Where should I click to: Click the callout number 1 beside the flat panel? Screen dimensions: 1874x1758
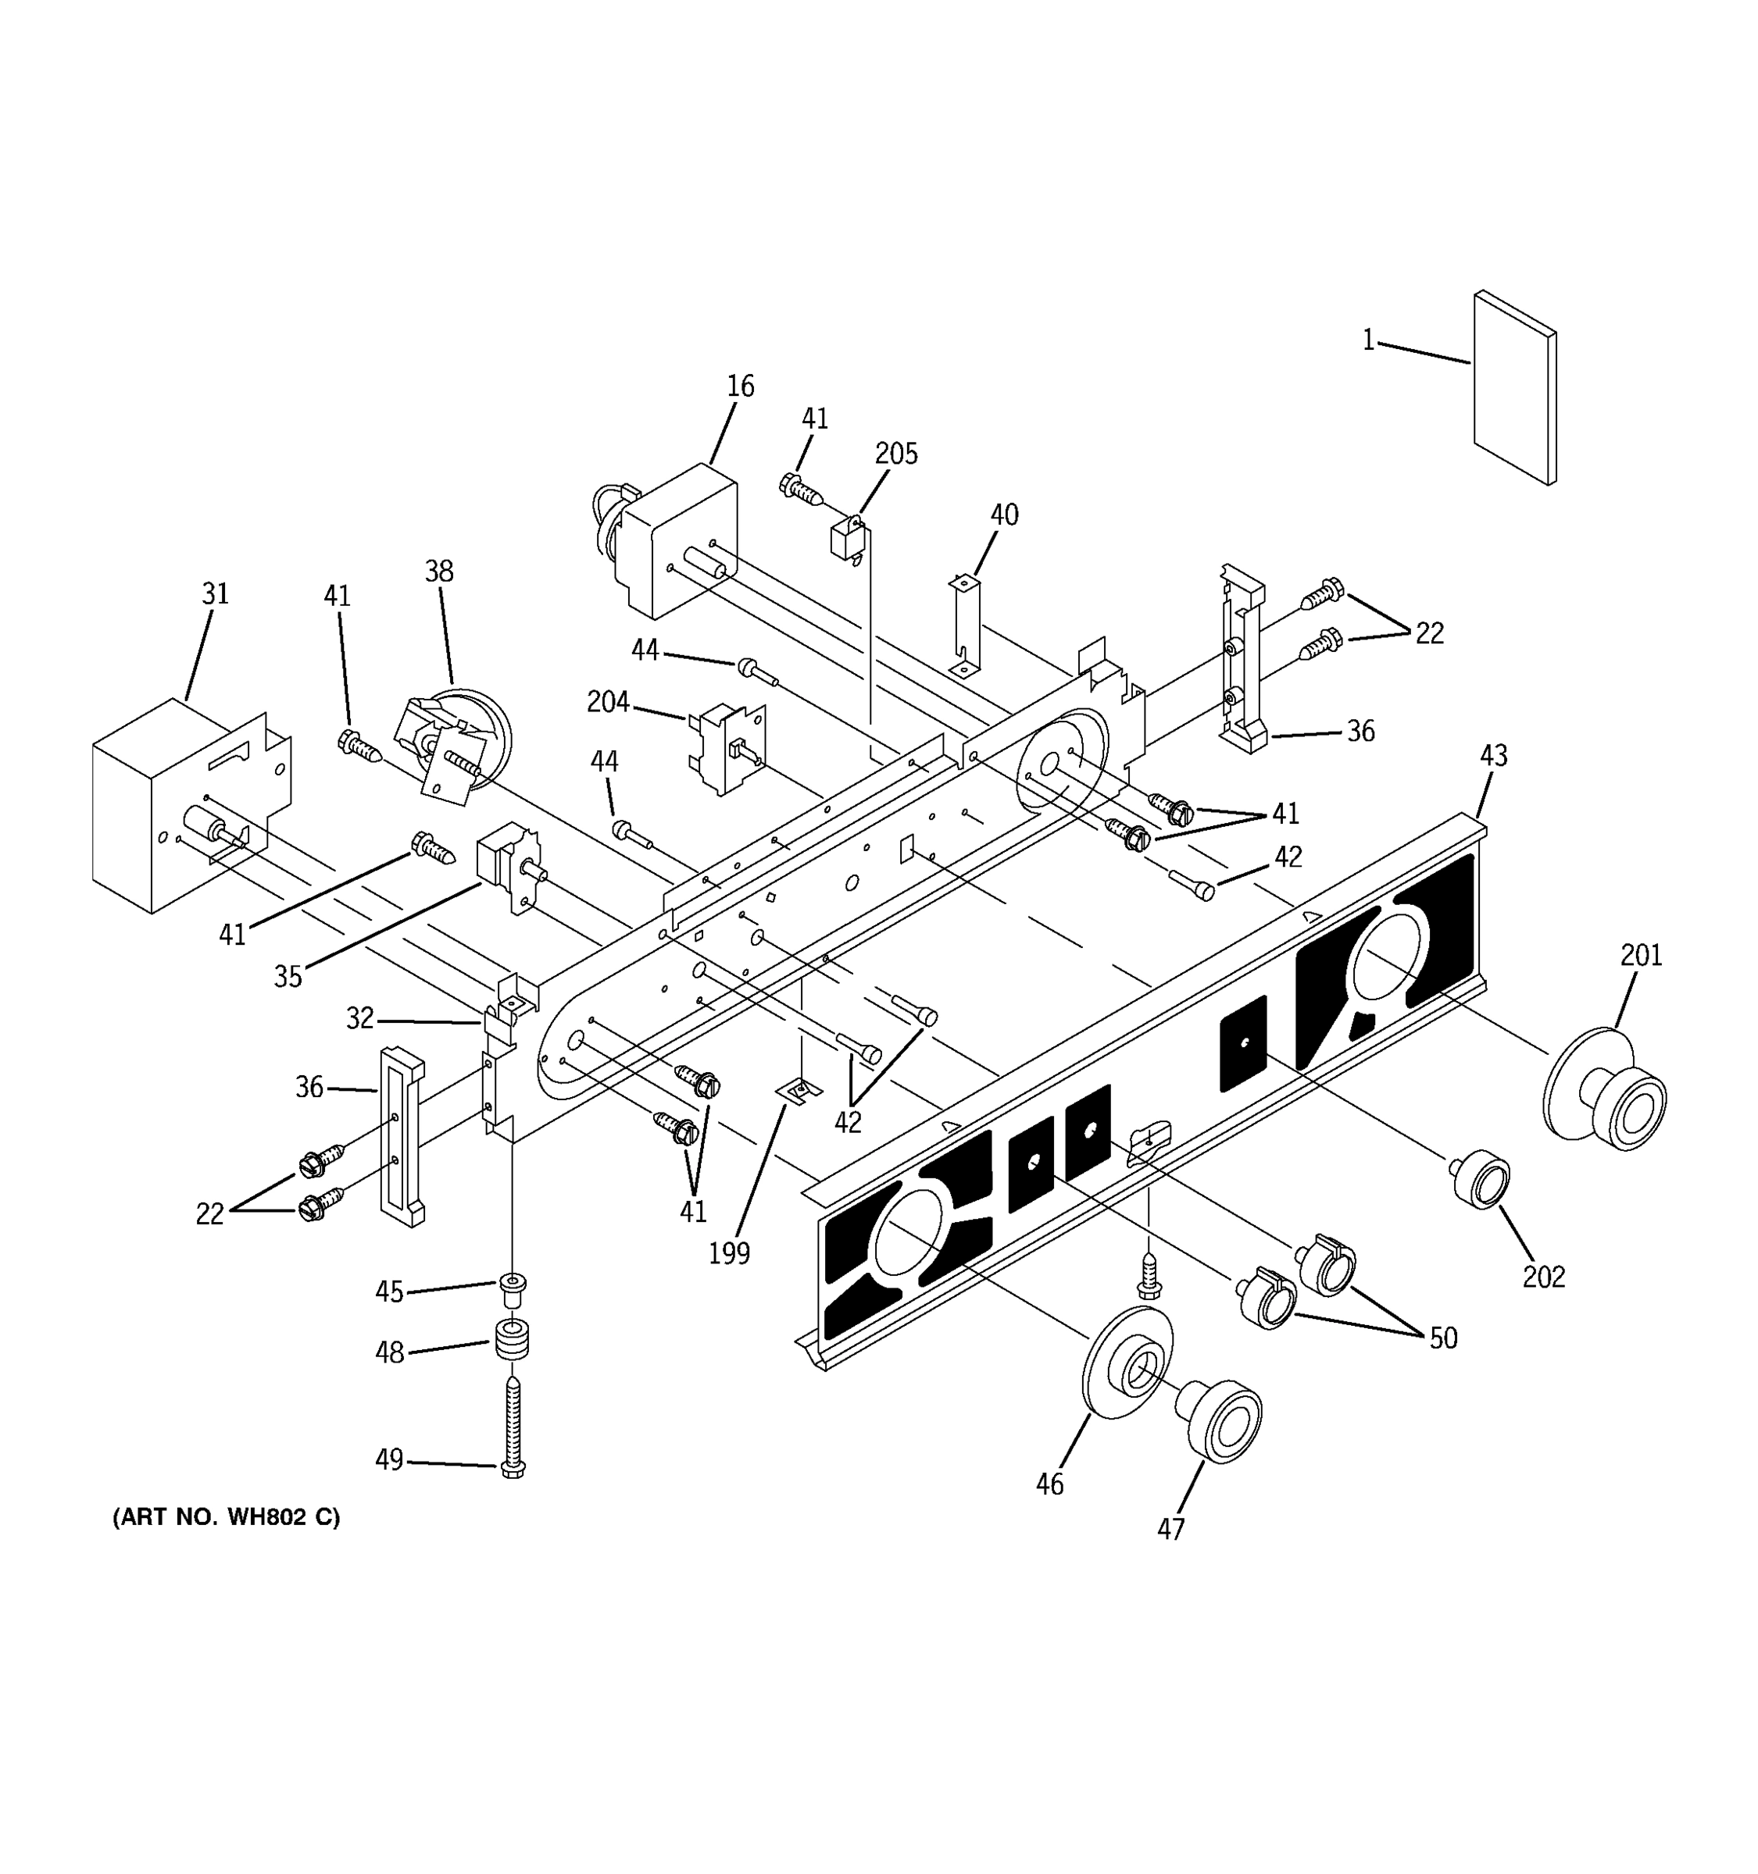click(1367, 340)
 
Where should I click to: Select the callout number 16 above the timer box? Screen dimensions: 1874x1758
click(741, 387)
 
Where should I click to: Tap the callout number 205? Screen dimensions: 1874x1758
click(895, 454)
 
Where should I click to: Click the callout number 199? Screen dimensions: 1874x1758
click(729, 1254)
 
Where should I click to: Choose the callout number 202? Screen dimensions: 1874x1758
click(1543, 1277)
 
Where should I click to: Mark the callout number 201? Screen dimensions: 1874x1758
click(1641, 956)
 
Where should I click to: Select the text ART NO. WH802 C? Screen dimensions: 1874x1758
click(227, 1518)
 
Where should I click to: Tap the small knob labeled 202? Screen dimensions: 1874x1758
click(1481, 1178)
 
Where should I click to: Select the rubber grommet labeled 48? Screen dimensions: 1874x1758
click(512, 1341)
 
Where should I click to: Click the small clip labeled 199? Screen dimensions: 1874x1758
click(798, 1092)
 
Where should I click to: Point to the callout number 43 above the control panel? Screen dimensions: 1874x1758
click(1493, 756)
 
